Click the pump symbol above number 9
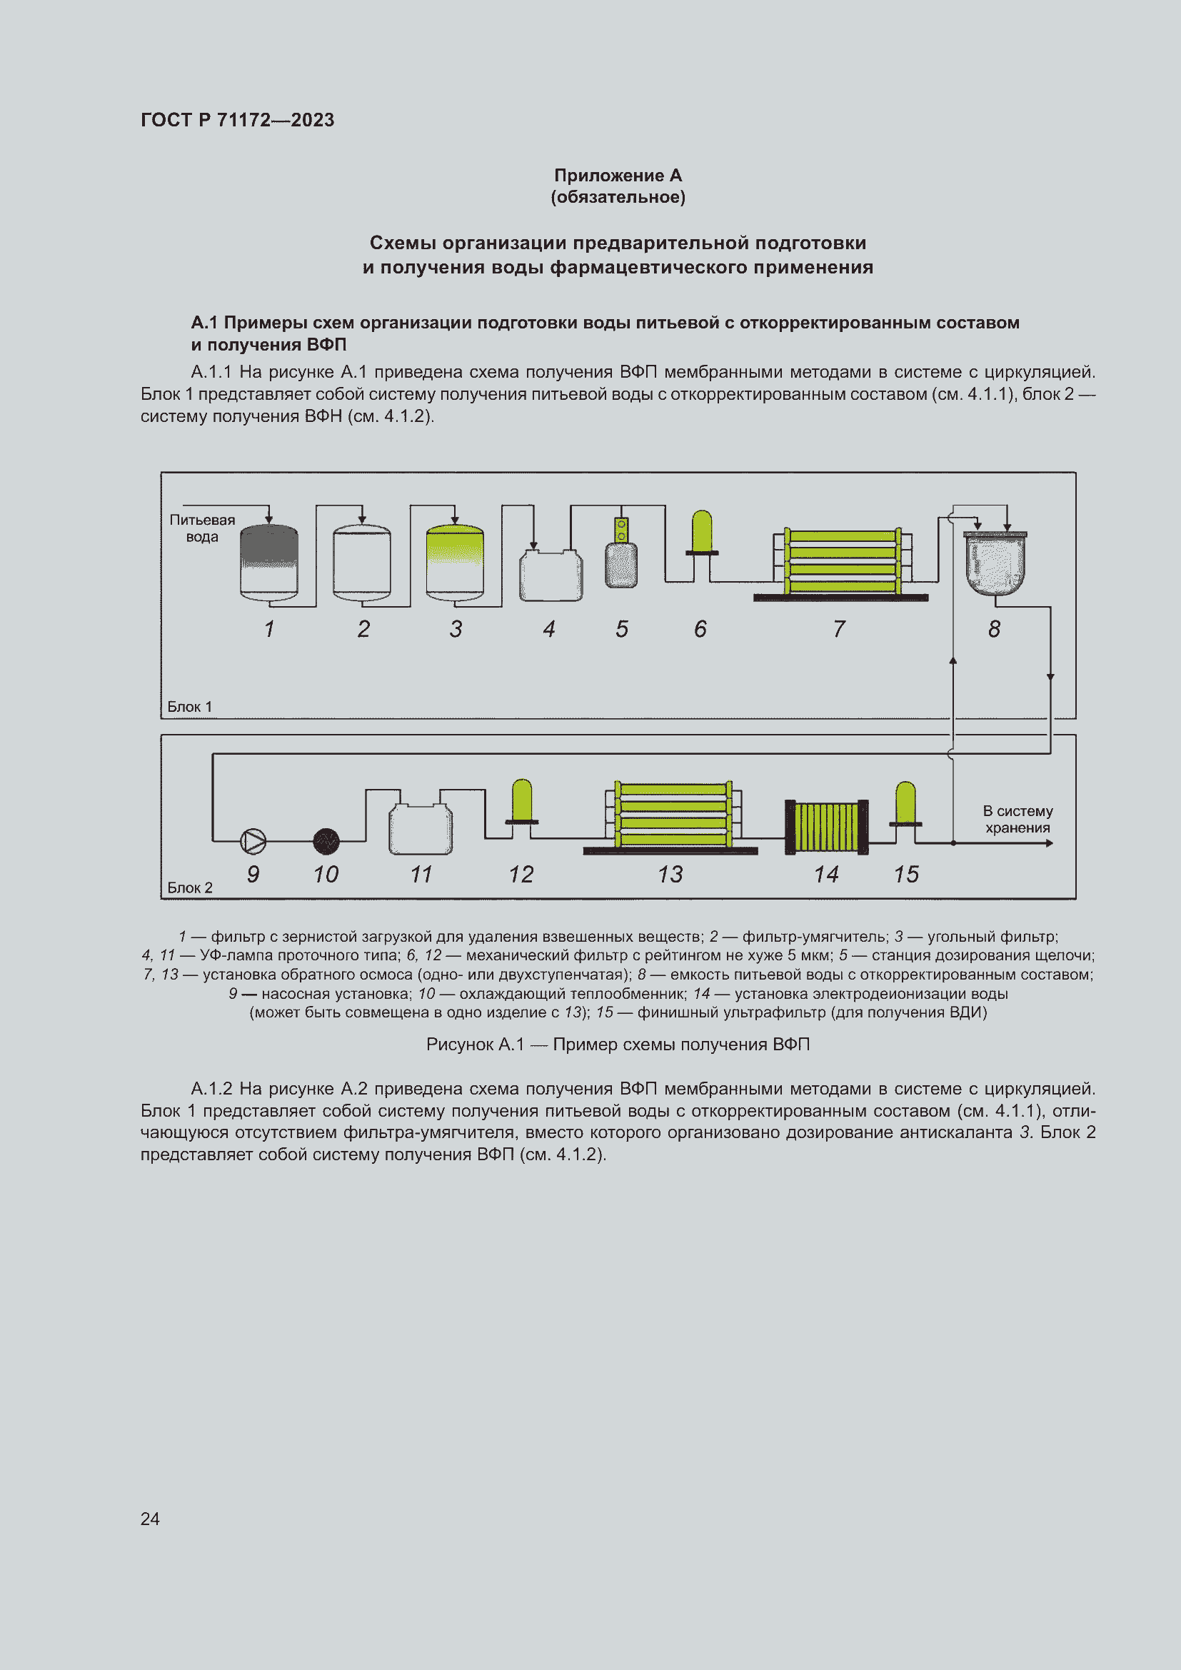point(253,842)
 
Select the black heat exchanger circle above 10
point(326,842)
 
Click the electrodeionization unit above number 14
point(827,826)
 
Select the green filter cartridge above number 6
point(702,533)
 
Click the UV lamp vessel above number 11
point(421,829)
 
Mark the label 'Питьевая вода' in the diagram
point(202,528)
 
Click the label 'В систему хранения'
point(1017,819)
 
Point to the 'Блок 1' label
point(190,706)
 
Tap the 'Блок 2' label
point(190,887)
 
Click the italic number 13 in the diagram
point(670,875)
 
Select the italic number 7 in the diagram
point(839,628)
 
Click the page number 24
point(150,1518)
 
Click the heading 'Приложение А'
point(618,176)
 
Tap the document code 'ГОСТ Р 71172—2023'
point(237,120)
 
